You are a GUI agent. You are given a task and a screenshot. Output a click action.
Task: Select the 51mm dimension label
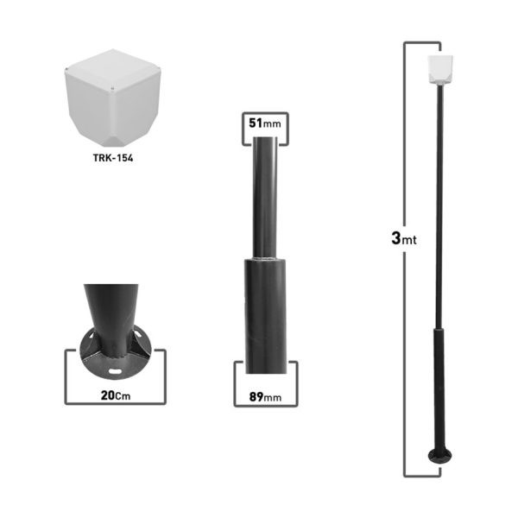265,123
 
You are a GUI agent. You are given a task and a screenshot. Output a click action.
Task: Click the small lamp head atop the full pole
441,70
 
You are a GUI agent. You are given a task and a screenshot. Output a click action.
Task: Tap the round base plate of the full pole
441,456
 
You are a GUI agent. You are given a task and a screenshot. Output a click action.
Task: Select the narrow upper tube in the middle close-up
265,199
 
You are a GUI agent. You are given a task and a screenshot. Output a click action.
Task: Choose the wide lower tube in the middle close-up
265,311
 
